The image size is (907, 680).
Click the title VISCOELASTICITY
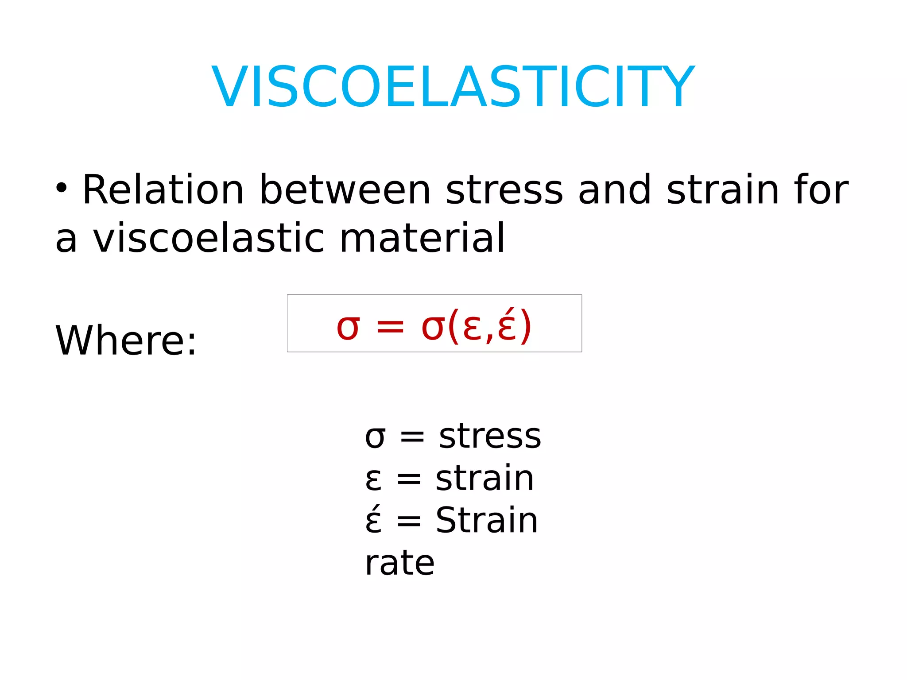tap(453, 87)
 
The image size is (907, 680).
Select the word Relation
tap(163, 190)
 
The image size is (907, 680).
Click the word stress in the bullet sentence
tap(504, 191)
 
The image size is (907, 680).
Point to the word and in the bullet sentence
tap(614, 190)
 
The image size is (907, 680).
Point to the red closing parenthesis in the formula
tap(525, 327)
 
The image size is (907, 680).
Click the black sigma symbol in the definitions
tap(375, 437)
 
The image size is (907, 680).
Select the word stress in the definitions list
tap(490, 437)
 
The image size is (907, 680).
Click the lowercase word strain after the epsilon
tap(485, 479)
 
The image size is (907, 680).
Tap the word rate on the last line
tap(399, 563)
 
